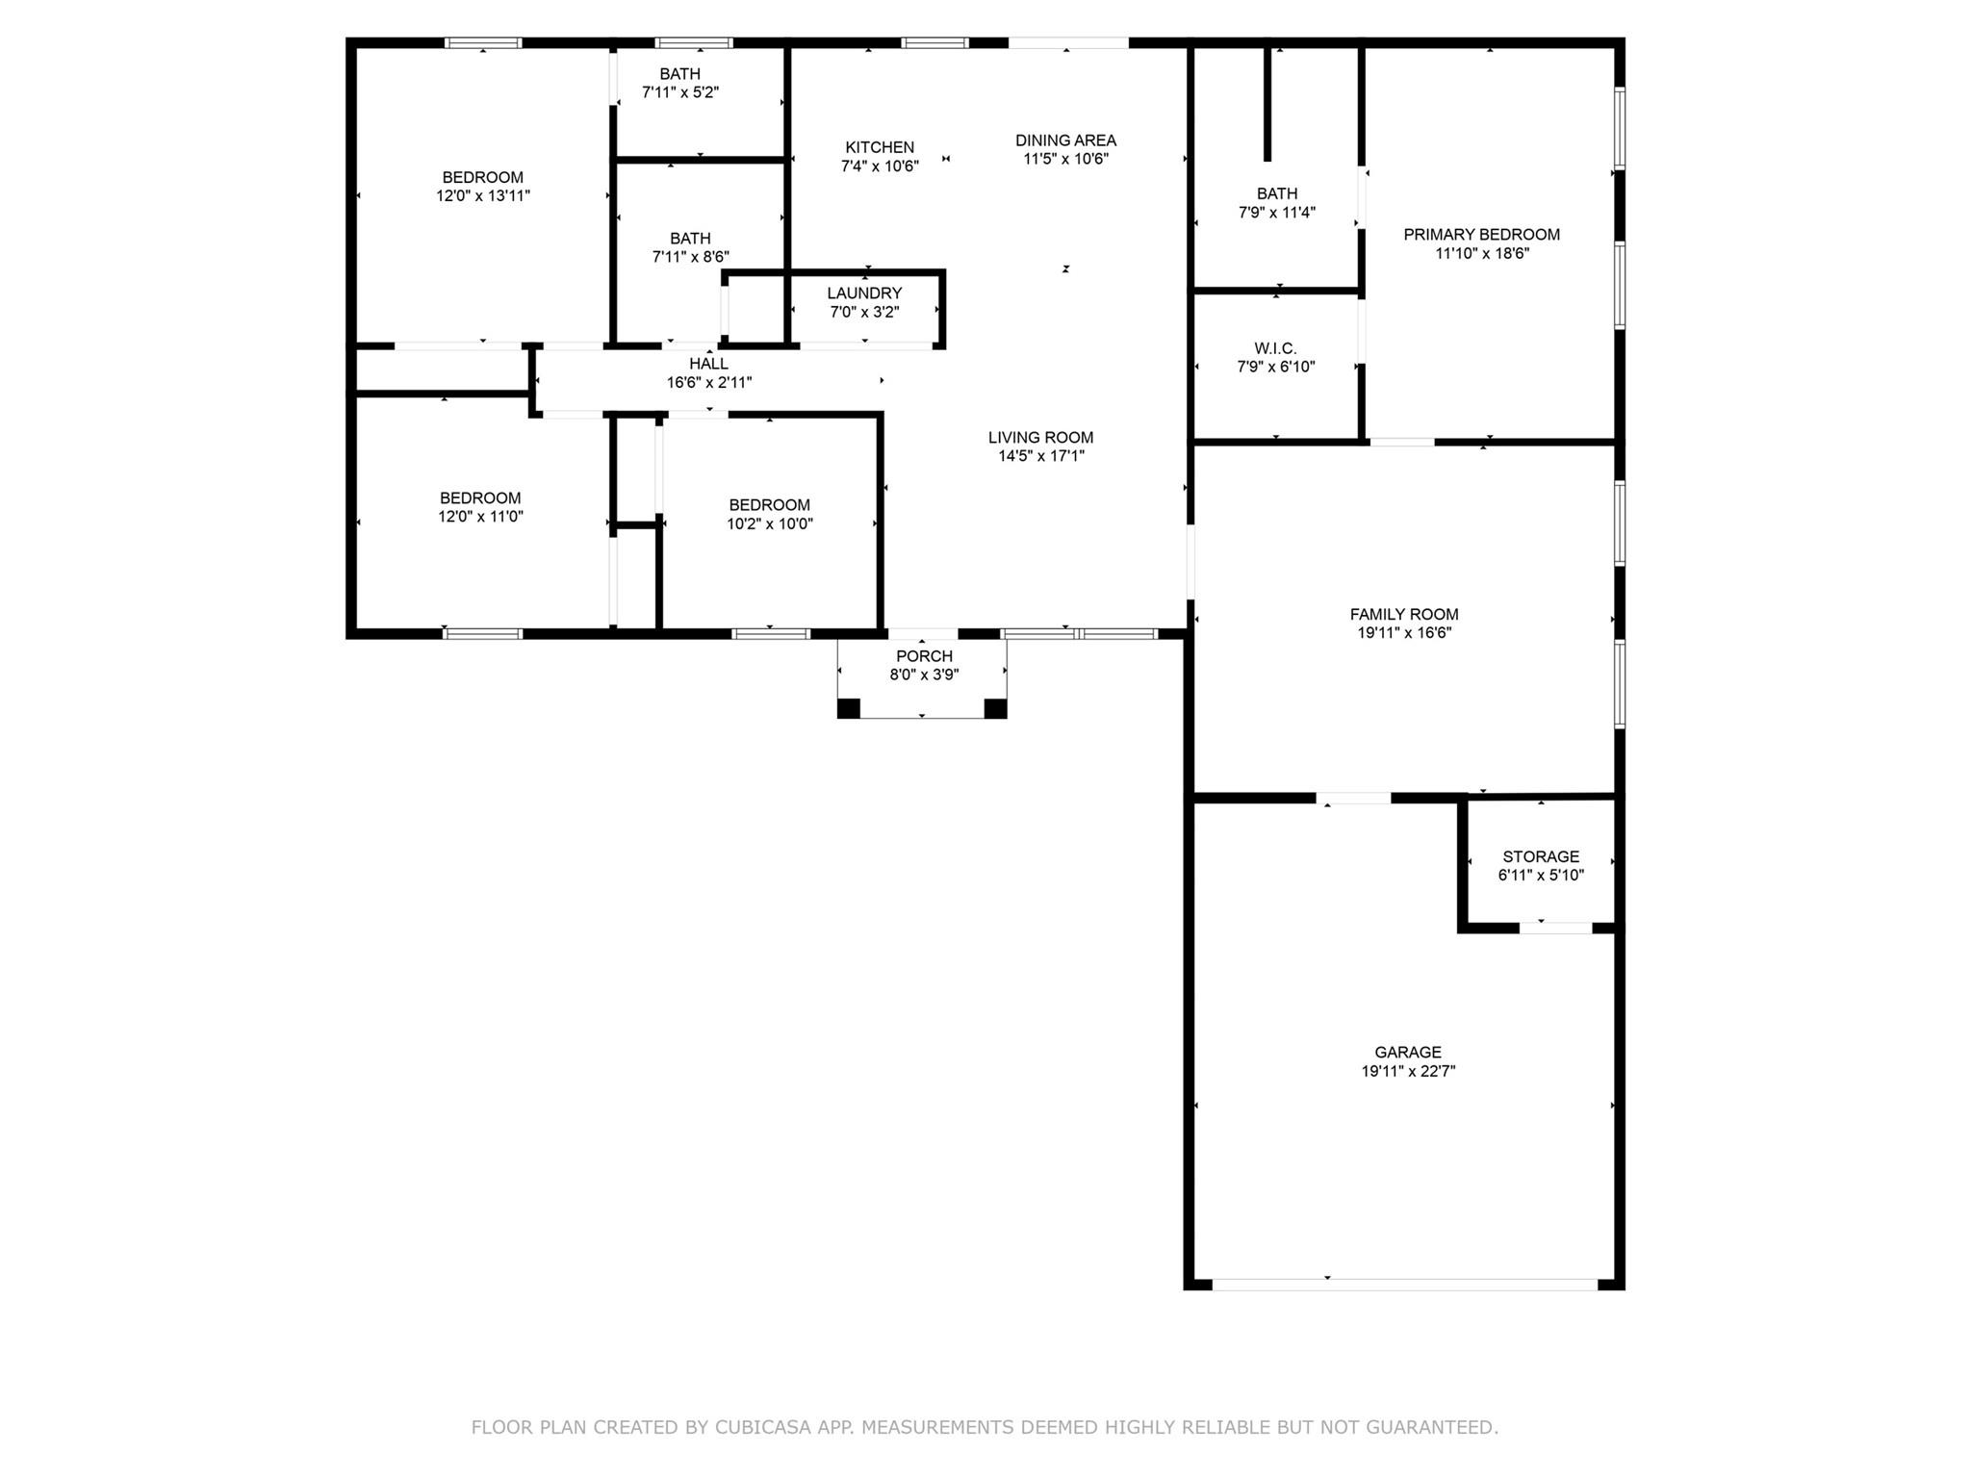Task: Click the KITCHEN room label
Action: (879, 147)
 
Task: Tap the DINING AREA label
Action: (1065, 140)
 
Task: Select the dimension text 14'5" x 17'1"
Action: (1040, 456)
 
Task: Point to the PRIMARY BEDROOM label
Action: (1481, 235)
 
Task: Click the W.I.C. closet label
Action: (1275, 348)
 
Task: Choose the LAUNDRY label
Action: (864, 293)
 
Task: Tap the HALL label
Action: (708, 364)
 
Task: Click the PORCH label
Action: (924, 656)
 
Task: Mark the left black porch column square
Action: (848, 709)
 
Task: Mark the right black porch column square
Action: (995, 709)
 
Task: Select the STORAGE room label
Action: (1541, 856)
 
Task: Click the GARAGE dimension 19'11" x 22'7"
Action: (1408, 1071)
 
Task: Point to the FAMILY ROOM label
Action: (1404, 614)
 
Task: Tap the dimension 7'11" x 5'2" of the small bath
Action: (680, 92)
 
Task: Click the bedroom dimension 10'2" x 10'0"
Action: (769, 524)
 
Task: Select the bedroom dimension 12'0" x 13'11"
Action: (482, 195)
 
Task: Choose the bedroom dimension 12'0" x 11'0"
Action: (480, 517)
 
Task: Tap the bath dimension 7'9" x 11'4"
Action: (1276, 213)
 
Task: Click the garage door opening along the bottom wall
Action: (1404, 1284)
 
